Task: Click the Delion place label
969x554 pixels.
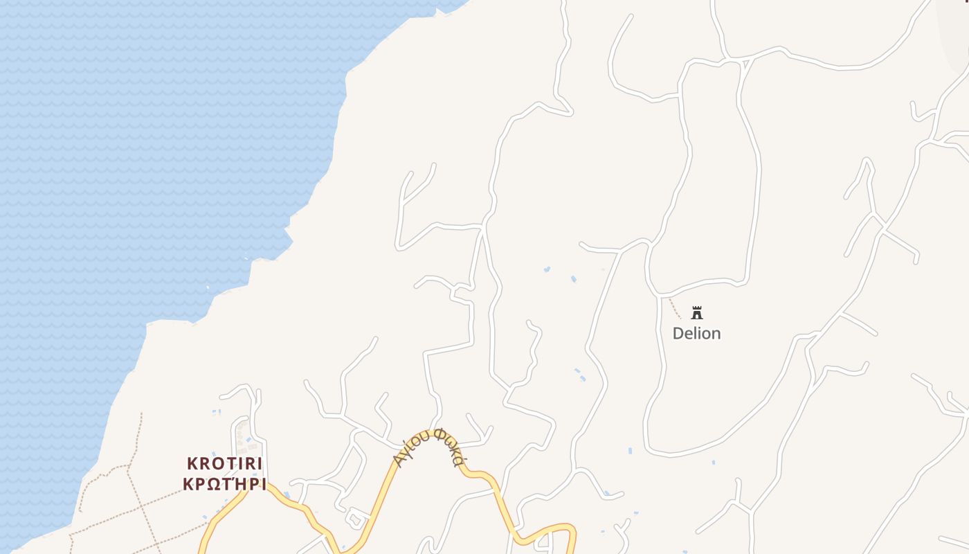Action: point(696,333)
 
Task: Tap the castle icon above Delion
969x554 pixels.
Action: point(697,312)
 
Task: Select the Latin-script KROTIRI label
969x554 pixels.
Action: point(225,464)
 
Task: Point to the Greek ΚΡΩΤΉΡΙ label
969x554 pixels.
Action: point(225,483)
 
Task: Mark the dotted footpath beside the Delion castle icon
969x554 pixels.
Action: point(674,307)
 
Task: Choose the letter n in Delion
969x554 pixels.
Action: point(716,334)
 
